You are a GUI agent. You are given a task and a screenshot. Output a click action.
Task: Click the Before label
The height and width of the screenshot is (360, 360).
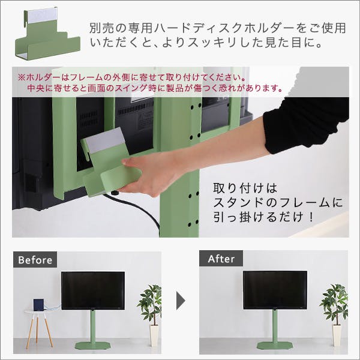(35, 260)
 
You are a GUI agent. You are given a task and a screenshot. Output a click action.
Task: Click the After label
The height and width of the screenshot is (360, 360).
(221, 259)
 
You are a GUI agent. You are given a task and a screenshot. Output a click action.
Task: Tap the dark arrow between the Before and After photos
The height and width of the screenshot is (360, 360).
(181, 301)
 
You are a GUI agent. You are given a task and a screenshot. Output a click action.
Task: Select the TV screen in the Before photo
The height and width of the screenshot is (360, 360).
(93, 290)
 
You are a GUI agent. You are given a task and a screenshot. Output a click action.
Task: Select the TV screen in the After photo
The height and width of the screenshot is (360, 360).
(275, 290)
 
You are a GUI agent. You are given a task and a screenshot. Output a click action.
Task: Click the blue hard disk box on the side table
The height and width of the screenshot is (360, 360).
(39, 305)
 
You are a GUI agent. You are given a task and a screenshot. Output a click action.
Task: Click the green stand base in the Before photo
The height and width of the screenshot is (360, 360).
(94, 346)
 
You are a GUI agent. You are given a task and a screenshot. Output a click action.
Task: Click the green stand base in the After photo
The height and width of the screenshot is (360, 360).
(275, 345)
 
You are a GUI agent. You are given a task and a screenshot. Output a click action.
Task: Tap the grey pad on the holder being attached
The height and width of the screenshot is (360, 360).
(104, 140)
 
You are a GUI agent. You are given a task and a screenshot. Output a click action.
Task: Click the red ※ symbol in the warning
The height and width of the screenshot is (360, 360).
(22, 77)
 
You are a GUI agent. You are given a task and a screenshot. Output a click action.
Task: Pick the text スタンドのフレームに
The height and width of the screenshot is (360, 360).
(278, 203)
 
